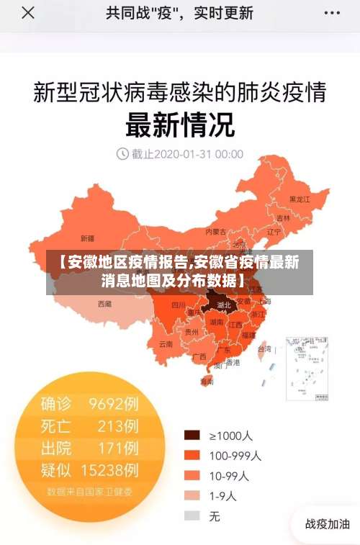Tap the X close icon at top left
tap(27, 13)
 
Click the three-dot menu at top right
tap(333, 13)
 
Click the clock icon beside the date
tap(122, 153)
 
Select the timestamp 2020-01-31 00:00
tap(187, 153)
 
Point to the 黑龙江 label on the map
tap(299, 199)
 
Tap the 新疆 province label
tap(87, 238)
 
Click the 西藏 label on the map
tap(104, 304)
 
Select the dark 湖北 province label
tap(224, 305)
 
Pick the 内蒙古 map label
tap(215, 232)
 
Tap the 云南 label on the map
tap(166, 344)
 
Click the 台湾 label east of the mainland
tap(265, 349)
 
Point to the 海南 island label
tap(207, 382)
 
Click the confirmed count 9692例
tap(114, 404)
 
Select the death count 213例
tap(118, 426)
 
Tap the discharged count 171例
tap(118, 449)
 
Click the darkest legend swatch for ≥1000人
tap(192, 435)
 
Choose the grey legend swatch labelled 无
tap(192, 515)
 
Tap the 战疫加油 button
tap(328, 523)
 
